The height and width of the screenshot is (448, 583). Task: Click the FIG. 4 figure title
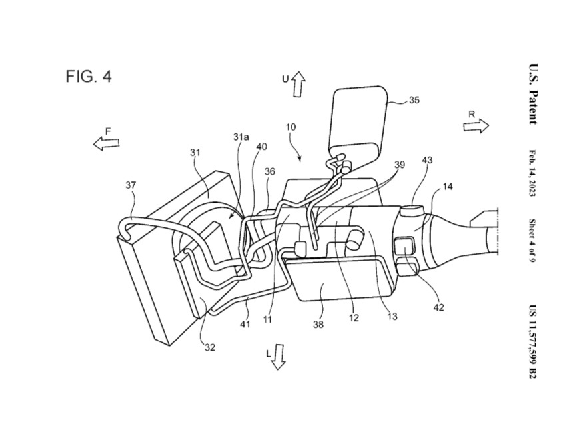coord(89,77)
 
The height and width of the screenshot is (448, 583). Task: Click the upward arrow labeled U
coord(298,85)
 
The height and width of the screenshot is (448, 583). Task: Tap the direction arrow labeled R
coord(476,126)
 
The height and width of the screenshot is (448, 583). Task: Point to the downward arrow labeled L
coord(278,357)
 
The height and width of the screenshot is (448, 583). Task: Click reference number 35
coord(414,100)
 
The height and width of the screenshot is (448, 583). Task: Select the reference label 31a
coord(241,137)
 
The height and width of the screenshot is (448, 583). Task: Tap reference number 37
coord(131,185)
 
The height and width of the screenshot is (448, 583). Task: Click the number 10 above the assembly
coord(291,127)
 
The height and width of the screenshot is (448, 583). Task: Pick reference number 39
coord(399,165)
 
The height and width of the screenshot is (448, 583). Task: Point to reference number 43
coord(427,160)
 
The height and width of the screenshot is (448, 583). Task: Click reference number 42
coord(438,307)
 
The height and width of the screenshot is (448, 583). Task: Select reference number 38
coord(318,325)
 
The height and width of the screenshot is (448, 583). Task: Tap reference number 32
coord(210,347)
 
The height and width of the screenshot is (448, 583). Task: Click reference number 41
coord(245,325)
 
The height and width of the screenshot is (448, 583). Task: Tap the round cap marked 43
coord(412,213)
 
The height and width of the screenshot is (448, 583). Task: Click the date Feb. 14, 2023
coord(532,173)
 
